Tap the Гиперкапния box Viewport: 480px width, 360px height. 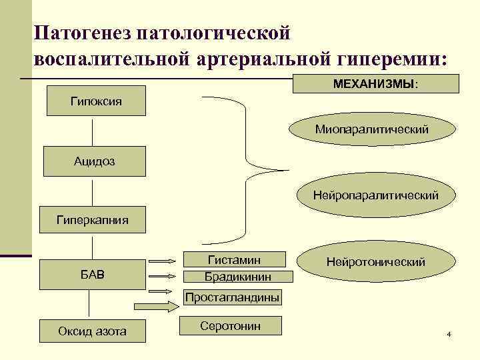[93, 219]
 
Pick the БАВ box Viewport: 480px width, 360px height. [93, 274]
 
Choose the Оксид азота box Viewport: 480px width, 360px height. [93, 331]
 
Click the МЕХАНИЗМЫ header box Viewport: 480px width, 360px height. [377, 83]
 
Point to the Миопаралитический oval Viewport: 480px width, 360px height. [372, 128]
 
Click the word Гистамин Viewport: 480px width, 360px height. [235, 259]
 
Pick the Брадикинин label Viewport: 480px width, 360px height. [237, 275]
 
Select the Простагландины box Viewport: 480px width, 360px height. [232, 297]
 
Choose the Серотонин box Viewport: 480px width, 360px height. [231, 325]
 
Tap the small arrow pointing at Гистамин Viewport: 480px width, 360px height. [163, 261]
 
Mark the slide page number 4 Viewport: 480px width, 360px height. [449, 333]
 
